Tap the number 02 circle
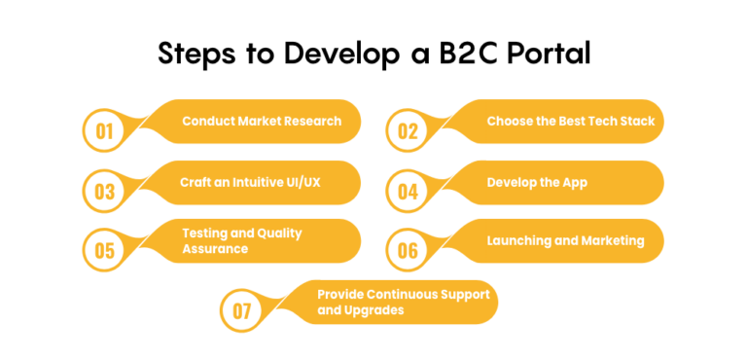click(x=407, y=131)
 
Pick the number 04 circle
click(x=407, y=191)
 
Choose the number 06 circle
click(x=407, y=250)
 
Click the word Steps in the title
click(x=201, y=53)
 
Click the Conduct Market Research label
click(x=262, y=122)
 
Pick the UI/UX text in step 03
click(x=303, y=182)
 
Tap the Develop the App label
click(x=537, y=182)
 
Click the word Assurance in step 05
click(x=215, y=249)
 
